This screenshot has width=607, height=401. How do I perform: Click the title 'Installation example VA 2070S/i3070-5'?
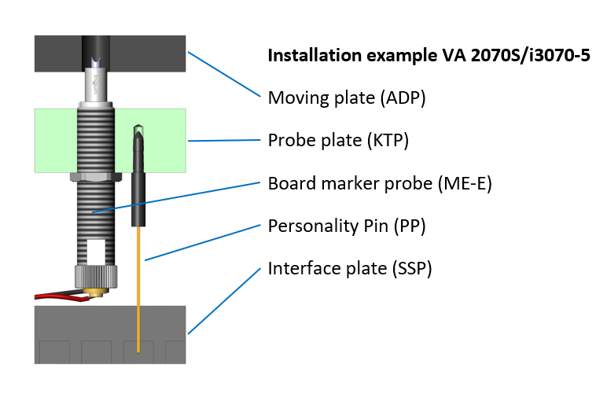click(x=429, y=56)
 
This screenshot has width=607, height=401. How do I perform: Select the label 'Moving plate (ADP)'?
click(x=347, y=98)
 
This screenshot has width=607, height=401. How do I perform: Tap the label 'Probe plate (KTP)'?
click(x=338, y=141)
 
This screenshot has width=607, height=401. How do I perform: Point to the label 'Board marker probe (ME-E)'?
click(x=380, y=183)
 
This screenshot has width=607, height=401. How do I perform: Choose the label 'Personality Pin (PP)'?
click(x=346, y=226)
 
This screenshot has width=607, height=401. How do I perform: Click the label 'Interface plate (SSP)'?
click(x=350, y=269)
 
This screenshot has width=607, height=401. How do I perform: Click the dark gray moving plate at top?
click(x=149, y=53)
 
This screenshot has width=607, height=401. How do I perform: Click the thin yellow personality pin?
click(x=138, y=291)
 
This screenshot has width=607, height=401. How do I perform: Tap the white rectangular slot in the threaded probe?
click(x=95, y=252)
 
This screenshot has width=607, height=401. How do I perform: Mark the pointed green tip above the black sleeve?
click(x=138, y=130)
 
